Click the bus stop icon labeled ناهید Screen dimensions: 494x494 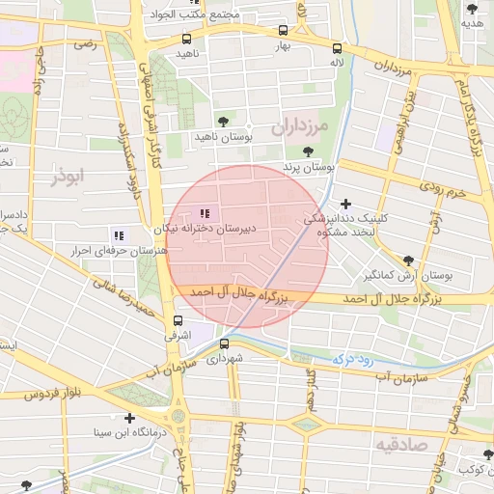186,40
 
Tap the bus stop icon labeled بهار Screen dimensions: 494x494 282,31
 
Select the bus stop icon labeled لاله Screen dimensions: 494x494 337,48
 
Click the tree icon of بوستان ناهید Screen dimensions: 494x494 224,122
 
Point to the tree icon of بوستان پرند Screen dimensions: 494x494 308,151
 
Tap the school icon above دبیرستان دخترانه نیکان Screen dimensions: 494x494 204,213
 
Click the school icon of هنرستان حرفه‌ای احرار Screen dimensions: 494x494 119,234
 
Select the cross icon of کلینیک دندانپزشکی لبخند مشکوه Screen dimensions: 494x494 346,204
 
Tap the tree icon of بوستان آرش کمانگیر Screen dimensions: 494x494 408,261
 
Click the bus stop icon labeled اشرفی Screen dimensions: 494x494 178,321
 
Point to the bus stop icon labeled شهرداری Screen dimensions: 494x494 226,343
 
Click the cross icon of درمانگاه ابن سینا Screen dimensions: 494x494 129,418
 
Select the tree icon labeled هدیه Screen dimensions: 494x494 472,9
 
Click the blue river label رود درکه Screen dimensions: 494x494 352,358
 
